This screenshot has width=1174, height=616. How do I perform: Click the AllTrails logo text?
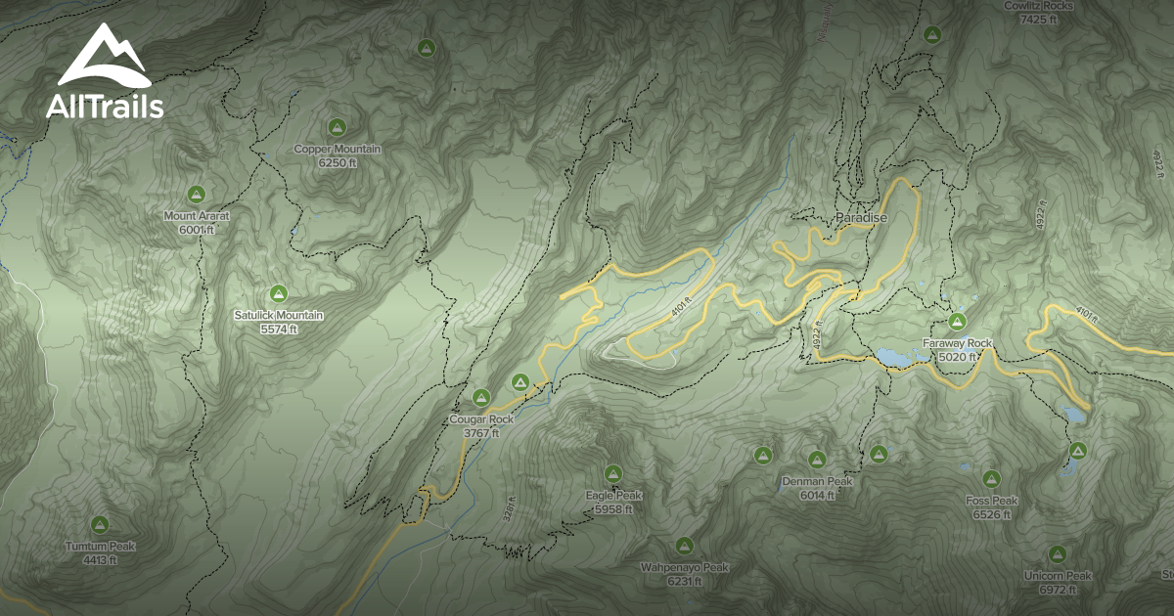pos(105,107)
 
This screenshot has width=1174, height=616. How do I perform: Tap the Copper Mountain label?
pos(338,150)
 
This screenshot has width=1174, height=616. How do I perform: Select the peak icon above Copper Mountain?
pos(338,127)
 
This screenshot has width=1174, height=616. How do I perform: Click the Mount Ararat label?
pos(196,216)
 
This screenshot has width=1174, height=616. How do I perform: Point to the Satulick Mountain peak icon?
pos(278,293)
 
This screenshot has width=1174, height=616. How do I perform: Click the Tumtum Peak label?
pos(100,547)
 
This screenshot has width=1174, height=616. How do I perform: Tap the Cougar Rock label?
pos(480,419)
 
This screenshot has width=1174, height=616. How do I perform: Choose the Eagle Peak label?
pos(613,496)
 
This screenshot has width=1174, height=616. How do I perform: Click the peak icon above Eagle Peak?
pos(613,473)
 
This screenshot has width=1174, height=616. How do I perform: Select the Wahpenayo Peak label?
pos(685,567)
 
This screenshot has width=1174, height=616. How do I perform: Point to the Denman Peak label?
pos(817,482)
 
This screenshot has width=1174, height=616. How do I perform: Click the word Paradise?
pos(861,218)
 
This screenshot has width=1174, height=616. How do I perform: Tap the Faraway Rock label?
pos(957,344)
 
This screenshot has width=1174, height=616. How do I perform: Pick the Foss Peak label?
pos(991,501)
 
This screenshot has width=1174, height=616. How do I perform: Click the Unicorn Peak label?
pos(1058,576)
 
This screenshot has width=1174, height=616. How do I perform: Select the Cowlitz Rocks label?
pos(1039,6)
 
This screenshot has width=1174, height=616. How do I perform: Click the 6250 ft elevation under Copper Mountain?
pos(338,162)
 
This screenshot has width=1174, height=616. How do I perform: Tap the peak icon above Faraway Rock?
pos(957,322)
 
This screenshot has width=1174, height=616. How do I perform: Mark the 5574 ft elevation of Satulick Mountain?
pos(279,330)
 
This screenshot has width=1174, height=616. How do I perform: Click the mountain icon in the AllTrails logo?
pos(104,57)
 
